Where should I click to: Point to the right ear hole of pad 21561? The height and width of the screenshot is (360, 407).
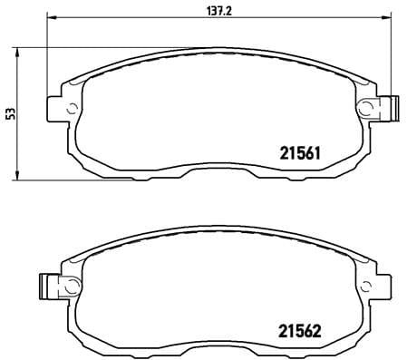[366, 108]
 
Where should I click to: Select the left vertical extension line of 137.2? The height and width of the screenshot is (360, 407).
[46, 54]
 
